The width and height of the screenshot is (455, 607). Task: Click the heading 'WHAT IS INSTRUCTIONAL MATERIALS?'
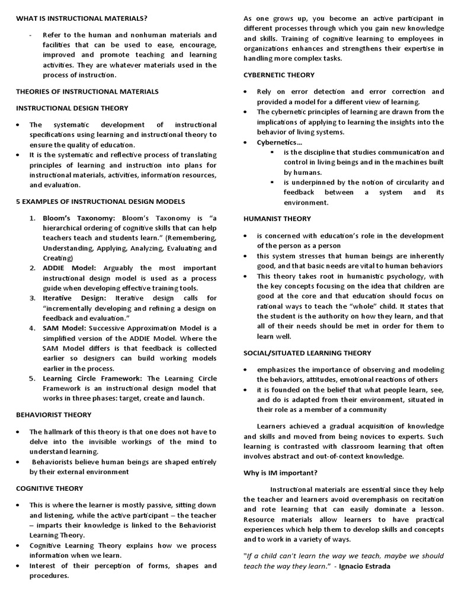click(82, 19)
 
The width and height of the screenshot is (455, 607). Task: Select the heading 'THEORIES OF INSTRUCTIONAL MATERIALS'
click(87, 91)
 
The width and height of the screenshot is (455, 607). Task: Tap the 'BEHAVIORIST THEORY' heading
click(53, 414)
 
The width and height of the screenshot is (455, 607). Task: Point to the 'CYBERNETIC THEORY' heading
click(279, 75)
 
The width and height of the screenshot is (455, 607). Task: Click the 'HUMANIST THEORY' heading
click(277, 219)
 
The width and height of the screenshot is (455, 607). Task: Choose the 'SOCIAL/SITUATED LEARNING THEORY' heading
click(307, 353)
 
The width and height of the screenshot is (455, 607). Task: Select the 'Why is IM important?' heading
click(281, 472)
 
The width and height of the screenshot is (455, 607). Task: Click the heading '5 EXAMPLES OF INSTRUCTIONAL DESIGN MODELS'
click(100, 202)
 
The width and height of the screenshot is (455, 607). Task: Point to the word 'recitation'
click(422, 499)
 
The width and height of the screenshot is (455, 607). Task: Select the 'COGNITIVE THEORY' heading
click(49, 488)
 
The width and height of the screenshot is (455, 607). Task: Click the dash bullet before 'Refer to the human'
click(30, 35)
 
